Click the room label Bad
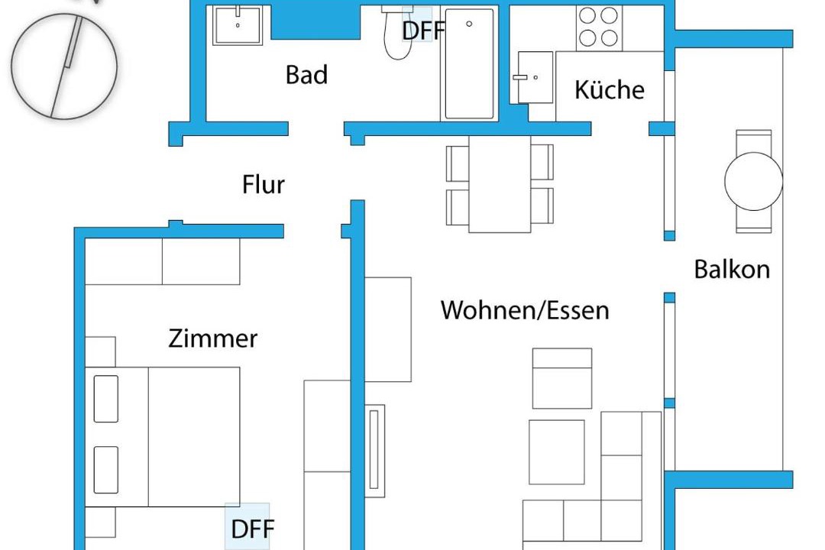[x=307, y=75]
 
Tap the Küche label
[x=610, y=89]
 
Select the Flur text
[x=263, y=185]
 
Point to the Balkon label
[x=732, y=269]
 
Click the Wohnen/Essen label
[x=525, y=310]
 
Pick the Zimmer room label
[x=213, y=338]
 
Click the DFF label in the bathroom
[x=423, y=31]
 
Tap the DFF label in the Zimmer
[x=253, y=529]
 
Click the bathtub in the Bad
[x=469, y=63]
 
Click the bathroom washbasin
[x=238, y=25]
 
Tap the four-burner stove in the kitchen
[x=599, y=27]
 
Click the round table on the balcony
[x=753, y=181]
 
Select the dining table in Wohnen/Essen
[x=500, y=184]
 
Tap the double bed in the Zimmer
[x=163, y=438]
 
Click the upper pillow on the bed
[x=105, y=399]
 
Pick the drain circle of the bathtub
[x=469, y=24]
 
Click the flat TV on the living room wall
[x=374, y=451]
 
